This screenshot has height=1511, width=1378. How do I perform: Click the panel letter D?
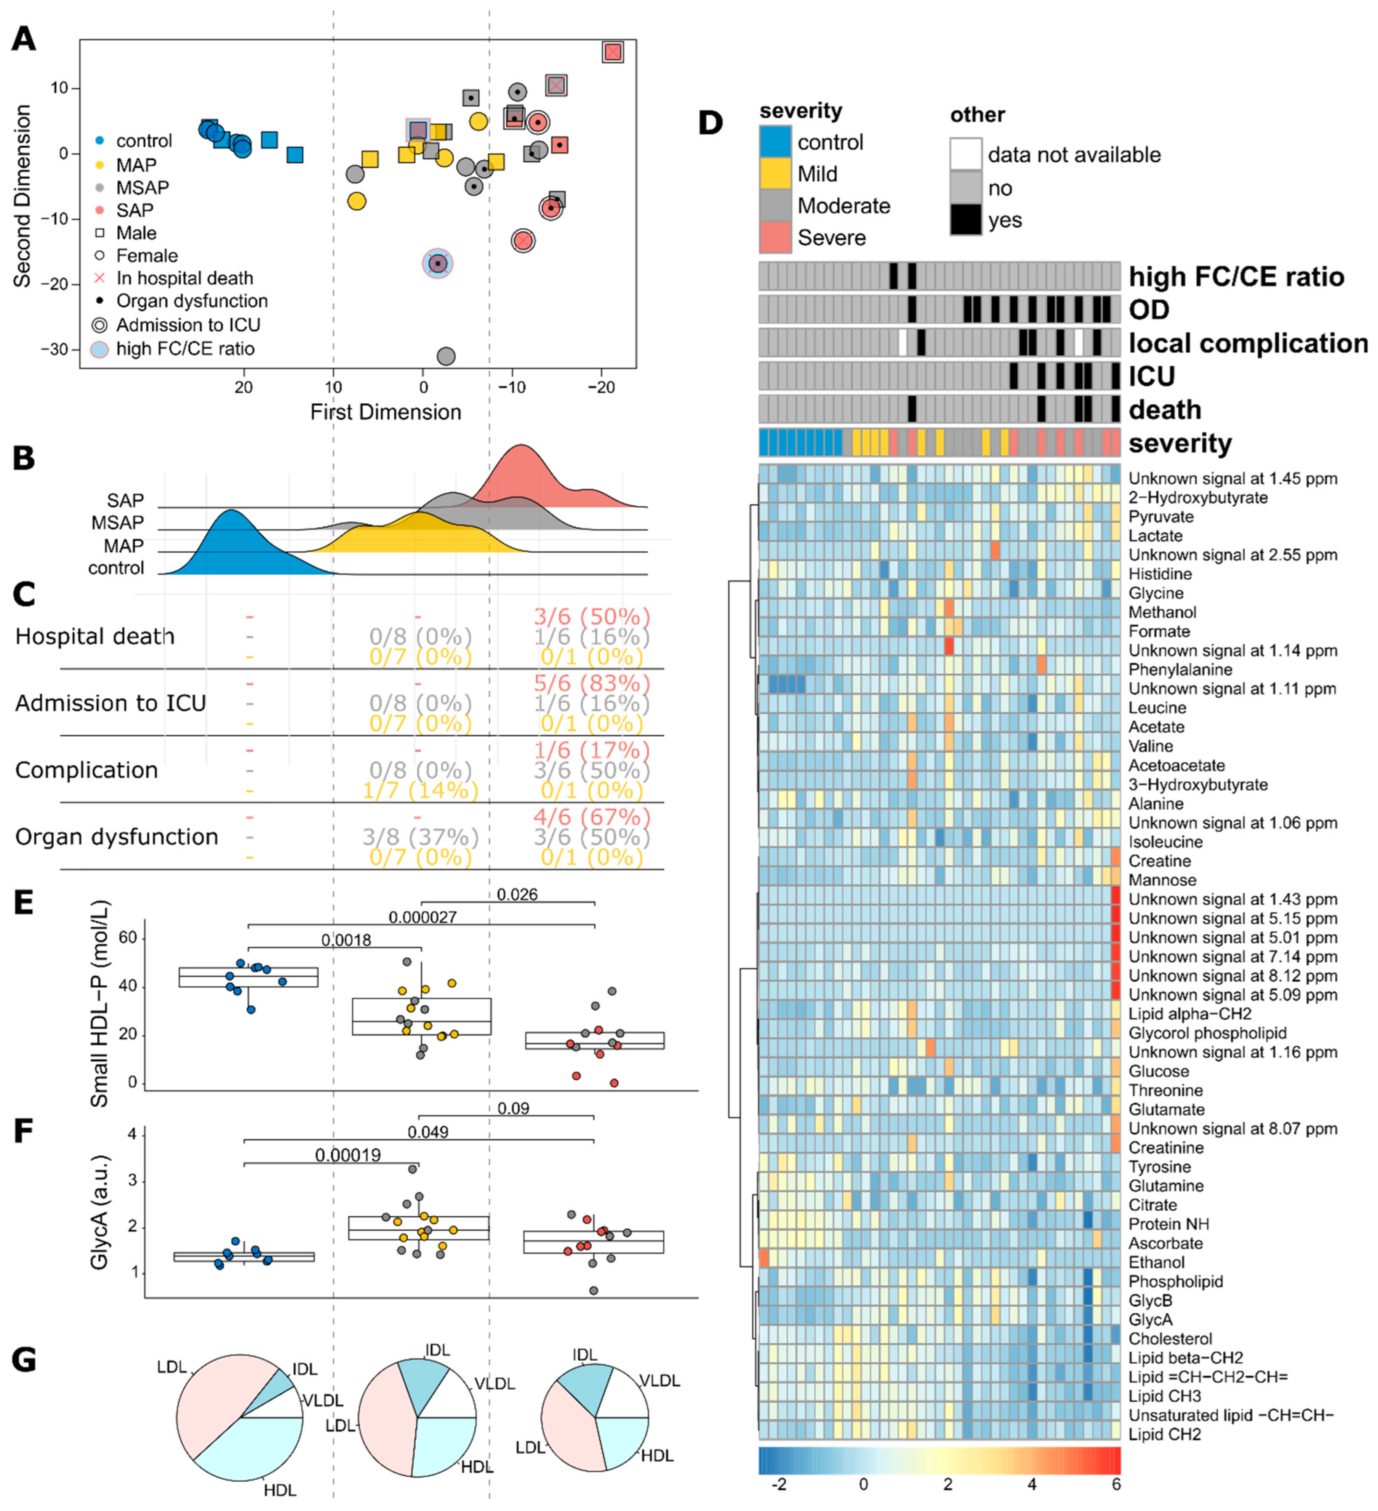(x=710, y=122)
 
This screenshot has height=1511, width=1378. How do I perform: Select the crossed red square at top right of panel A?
(x=613, y=52)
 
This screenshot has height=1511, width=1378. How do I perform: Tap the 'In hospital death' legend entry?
(x=184, y=278)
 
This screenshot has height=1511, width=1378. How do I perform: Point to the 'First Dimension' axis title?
(x=386, y=412)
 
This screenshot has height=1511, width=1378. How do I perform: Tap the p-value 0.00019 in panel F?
(x=348, y=1155)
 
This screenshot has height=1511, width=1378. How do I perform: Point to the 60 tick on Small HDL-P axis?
(x=128, y=938)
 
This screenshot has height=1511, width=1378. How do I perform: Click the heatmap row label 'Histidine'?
(x=1160, y=574)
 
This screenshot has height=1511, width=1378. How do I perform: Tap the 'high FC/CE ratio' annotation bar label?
(x=1236, y=276)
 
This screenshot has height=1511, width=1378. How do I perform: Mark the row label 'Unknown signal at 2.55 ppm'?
(x=1232, y=555)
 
